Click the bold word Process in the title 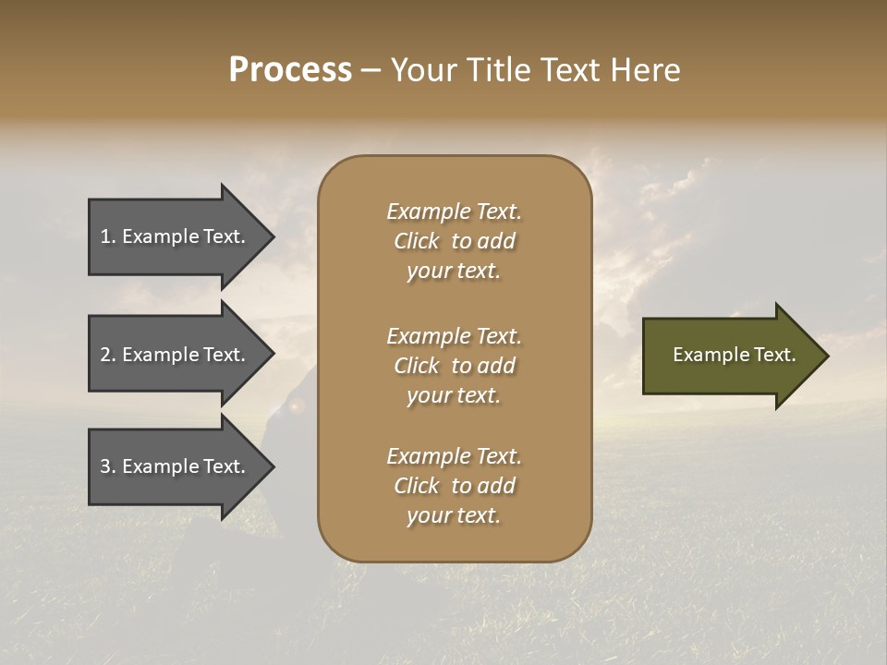290,70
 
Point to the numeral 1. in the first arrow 108,236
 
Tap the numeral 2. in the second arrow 108,355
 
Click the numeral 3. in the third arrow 108,466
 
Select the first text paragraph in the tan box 454,241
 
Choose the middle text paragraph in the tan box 454,366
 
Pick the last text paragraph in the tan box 454,486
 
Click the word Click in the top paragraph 416,241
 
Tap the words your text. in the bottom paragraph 454,515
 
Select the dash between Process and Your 371,71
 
